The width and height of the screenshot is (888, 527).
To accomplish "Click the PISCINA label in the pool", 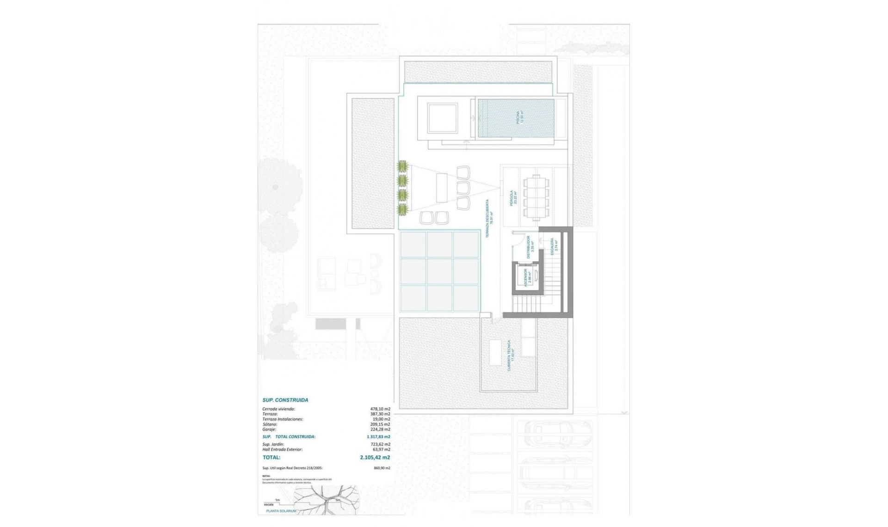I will coord(519,117).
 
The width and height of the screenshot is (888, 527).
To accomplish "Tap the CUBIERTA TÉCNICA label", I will coord(511,355).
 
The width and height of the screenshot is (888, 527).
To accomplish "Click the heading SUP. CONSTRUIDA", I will coord(285,400).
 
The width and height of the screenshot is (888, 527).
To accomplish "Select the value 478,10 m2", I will coord(380,409).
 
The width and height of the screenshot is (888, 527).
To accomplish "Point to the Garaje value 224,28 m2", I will coord(380,429).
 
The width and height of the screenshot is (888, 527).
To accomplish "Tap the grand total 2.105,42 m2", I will coord(375,458).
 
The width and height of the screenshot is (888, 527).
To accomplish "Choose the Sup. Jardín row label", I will coord(273,444).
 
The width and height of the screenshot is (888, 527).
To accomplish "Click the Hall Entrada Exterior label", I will coord(282,449).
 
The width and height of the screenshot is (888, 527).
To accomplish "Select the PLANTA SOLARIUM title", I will coord(281,511).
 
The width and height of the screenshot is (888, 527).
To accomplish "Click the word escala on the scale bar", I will coord(269,504).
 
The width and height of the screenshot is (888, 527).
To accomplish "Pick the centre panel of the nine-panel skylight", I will coord(439,271).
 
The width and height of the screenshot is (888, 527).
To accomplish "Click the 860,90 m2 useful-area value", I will coord(382,468).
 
